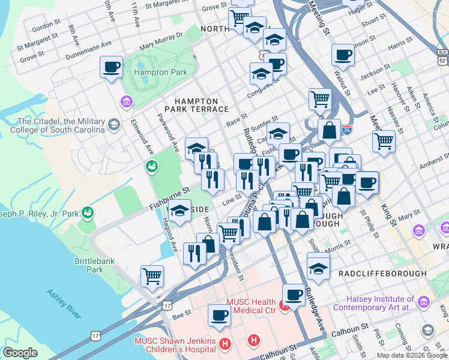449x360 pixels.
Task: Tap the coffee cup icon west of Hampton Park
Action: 111,67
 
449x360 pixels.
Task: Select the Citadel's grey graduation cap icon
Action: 113,124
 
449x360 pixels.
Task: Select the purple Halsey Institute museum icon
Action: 425,302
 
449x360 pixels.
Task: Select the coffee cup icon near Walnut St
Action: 343,55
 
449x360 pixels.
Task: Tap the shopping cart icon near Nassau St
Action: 384,142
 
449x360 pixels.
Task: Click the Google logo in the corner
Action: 20,353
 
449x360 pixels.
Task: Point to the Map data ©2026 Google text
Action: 412,355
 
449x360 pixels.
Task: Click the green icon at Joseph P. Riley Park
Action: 88,212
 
